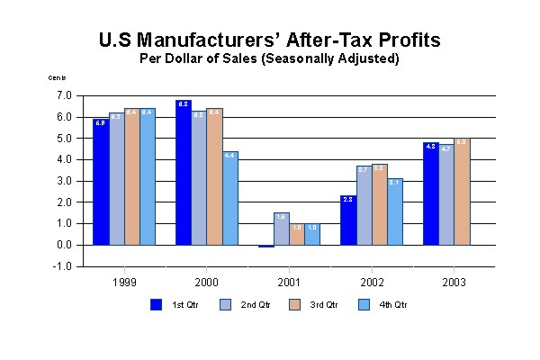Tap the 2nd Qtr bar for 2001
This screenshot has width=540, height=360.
(x=282, y=229)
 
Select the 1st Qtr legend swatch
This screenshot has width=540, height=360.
(x=156, y=305)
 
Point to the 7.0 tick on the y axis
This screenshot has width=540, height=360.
(x=64, y=95)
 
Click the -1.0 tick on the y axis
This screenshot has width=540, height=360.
(x=63, y=266)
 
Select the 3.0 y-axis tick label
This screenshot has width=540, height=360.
(x=64, y=181)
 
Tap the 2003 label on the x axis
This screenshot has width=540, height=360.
(x=454, y=283)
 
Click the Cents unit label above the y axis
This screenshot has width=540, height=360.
(x=57, y=78)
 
